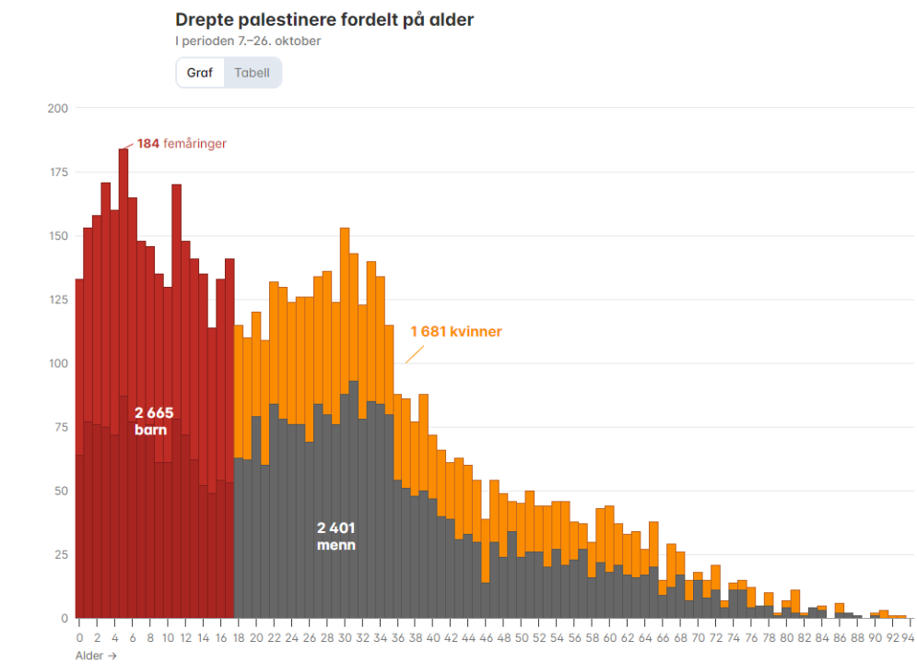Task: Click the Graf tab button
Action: [x=200, y=73]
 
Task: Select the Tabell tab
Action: [x=252, y=73]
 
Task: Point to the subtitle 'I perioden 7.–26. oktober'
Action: [x=248, y=41]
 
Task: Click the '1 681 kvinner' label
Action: [x=456, y=331]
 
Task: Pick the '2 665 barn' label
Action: [x=153, y=421]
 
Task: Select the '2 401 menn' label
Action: [x=335, y=536]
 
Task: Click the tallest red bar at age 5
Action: [x=123, y=277]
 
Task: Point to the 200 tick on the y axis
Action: [x=59, y=109]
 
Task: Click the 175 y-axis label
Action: [x=59, y=172]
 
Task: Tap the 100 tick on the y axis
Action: [x=59, y=363]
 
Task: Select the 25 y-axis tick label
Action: [x=62, y=554]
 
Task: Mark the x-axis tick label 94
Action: [x=908, y=637]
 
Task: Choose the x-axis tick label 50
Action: [x=522, y=637]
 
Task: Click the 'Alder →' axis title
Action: [x=97, y=656]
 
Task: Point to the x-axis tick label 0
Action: [x=80, y=637]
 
